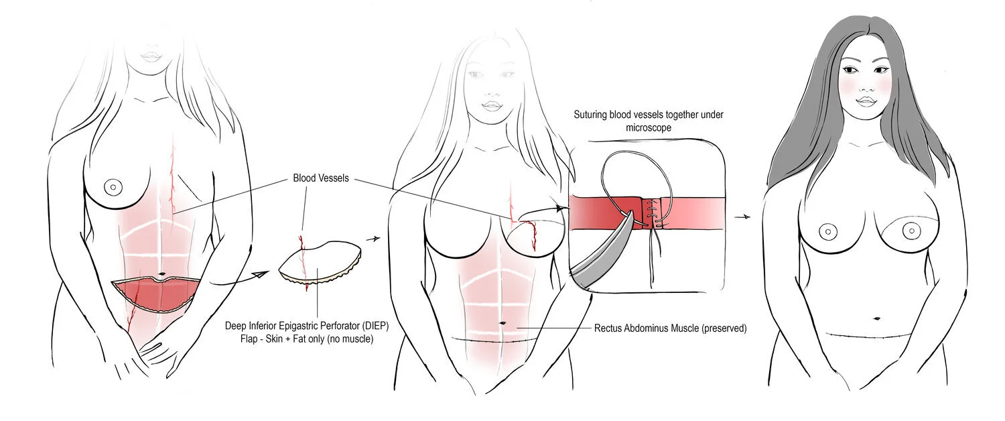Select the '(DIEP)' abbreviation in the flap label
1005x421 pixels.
[374, 326]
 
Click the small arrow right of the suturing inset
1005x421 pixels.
[742, 217]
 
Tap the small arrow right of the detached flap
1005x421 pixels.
[375, 238]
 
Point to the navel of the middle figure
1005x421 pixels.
[502, 324]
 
